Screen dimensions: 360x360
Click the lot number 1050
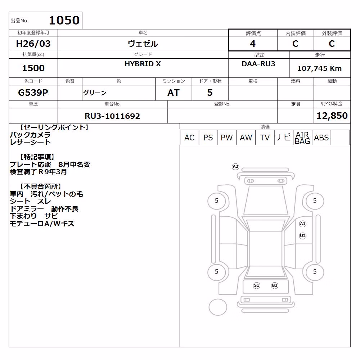(x=64, y=20)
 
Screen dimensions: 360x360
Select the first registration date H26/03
(x=33, y=44)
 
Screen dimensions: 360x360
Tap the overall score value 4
(x=253, y=44)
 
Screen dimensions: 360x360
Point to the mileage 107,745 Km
(x=319, y=68)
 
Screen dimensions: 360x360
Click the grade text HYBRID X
(x=143, y=64)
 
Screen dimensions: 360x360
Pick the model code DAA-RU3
(x=258, y=64)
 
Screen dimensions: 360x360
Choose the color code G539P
(x=33, y=93)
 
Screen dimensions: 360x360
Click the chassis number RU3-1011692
(x=112, y=116)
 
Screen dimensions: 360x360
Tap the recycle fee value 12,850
(x=332, y=116)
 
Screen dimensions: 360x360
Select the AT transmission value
(x=174, y=93)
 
